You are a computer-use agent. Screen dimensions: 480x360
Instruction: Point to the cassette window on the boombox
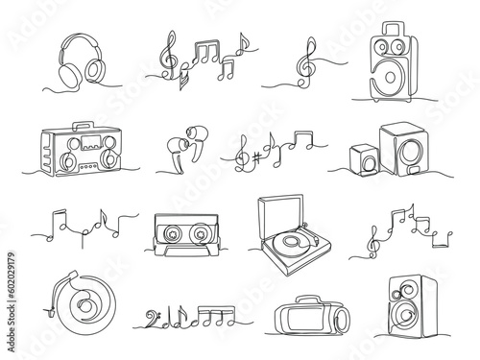point(91,142)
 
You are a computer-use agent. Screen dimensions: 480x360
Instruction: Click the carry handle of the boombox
point(83,125)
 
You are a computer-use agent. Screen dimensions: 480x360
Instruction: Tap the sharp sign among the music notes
point(256,157)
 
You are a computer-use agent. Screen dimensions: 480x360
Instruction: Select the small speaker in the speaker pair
point(365,159)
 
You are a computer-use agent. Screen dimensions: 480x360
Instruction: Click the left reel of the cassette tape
point(173,234)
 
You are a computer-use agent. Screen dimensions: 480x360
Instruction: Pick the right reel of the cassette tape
point(200,234)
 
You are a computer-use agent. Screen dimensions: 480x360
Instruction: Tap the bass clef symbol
point(151,318)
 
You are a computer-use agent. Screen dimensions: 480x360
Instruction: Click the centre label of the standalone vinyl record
point(85,306)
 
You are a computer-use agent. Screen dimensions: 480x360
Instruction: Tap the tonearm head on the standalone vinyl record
point(74,274)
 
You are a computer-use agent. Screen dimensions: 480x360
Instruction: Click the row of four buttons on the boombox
point(88,166)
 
